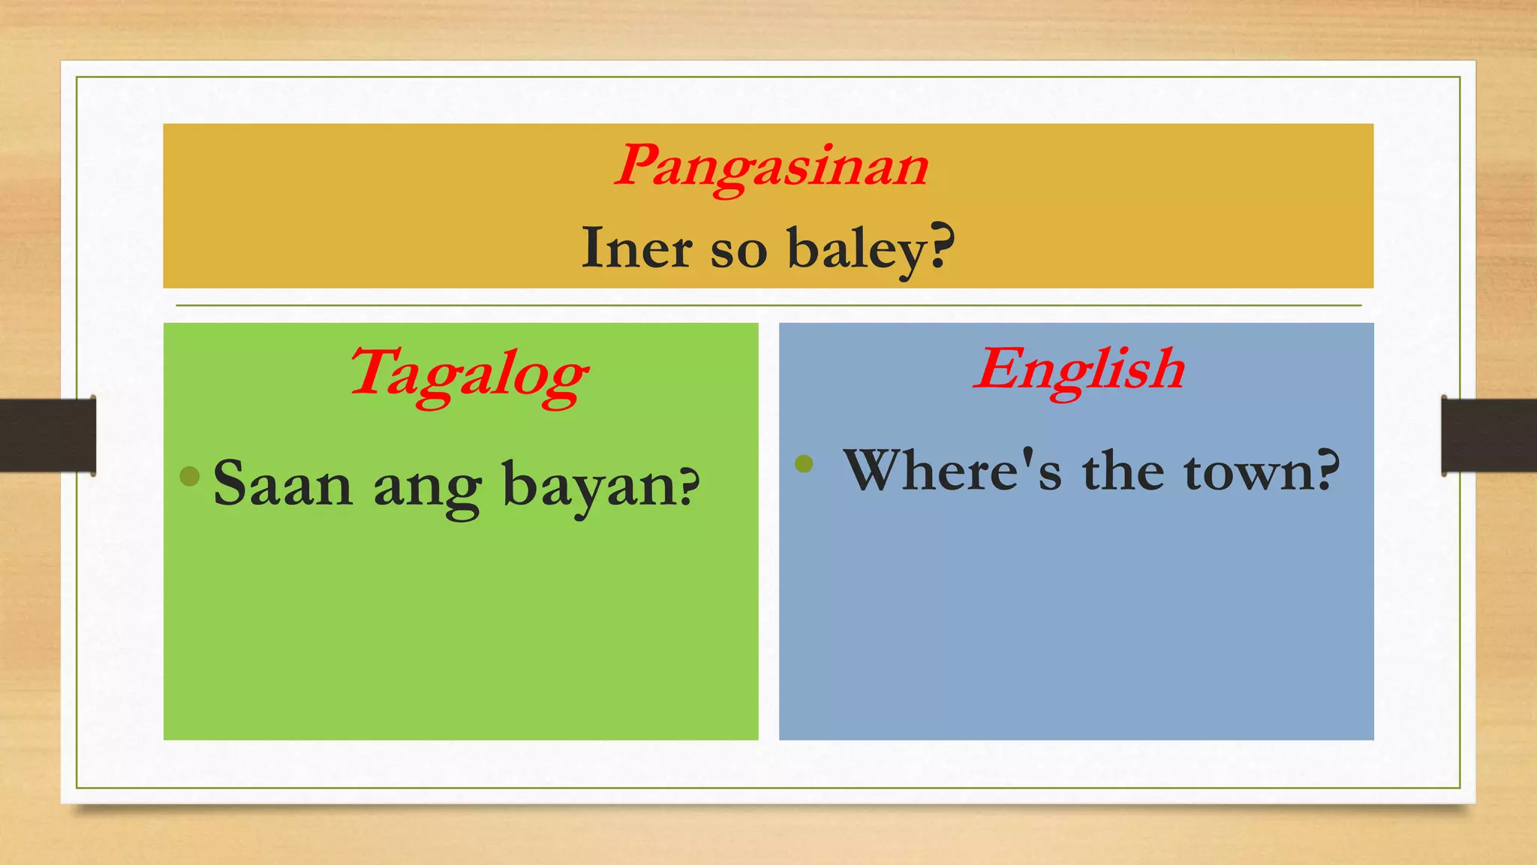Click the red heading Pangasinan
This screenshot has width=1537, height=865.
click(x=772, y=166)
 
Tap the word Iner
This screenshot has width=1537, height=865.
click(x=637, y=248)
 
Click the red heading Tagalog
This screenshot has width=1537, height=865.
click(x=468, y=374)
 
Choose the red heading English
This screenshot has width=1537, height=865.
click(x=1079, y=369)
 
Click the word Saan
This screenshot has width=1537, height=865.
click(x=283, y=484)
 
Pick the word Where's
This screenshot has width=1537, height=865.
click(x=952, y=471)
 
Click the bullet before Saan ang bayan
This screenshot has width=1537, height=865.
click(x=190, y=475)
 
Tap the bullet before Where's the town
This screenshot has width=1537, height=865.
click(x=804, y=463)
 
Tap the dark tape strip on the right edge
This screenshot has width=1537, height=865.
click(x=1489, y=436)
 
